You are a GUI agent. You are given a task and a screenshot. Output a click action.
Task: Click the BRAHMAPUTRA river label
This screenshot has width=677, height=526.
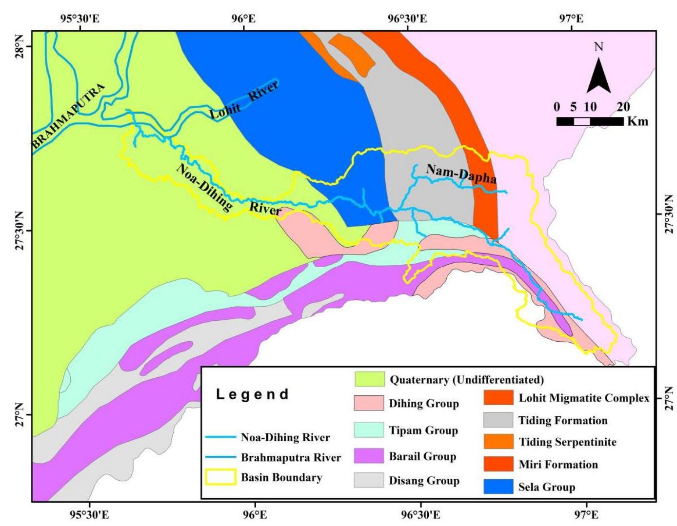click(68, 116)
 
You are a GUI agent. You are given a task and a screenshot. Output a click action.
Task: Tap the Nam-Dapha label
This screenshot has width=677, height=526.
click(461, 174)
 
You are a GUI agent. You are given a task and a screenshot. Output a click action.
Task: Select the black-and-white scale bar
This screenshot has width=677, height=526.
click(590, 121)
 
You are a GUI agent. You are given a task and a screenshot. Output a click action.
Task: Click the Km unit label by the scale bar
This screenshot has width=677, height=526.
click(638, 121)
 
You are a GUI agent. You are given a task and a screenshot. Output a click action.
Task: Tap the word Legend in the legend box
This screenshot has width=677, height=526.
click(253, 394)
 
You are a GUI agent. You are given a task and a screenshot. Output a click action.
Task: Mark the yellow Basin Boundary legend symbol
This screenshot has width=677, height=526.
click(222, 477)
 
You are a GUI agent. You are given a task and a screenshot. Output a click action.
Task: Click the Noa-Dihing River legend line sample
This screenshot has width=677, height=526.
click(222, 437)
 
